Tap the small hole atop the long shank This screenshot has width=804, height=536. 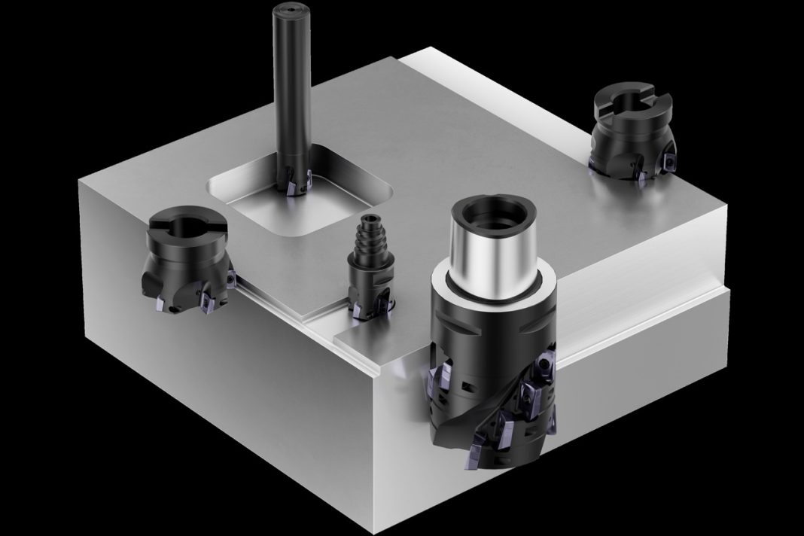coord(290,11)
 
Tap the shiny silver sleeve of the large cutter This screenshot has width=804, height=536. coord(492,248)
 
